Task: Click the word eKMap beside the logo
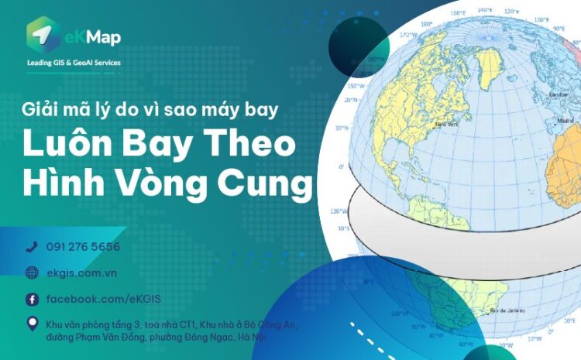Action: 93,37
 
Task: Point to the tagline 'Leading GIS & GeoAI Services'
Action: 74,63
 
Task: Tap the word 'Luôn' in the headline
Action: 62,146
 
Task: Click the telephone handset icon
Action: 32,247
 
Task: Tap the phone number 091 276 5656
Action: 83,247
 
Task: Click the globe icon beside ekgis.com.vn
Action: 32,273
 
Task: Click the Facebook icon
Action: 32,299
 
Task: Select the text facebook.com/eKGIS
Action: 104,299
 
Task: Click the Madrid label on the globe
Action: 566,122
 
